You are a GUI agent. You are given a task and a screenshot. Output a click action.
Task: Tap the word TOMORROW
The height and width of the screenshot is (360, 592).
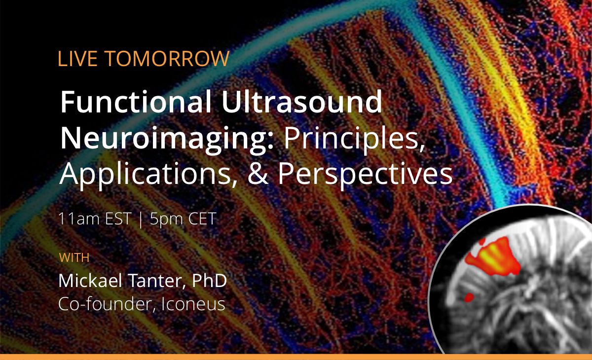coord(167,59)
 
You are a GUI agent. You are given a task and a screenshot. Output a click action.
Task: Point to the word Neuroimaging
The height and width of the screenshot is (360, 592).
coord(166,139)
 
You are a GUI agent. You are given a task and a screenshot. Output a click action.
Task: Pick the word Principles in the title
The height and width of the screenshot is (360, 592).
coord(353,139)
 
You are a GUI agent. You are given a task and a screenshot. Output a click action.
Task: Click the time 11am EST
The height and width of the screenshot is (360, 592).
coord(94,218)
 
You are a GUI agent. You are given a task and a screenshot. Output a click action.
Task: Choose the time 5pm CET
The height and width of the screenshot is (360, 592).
coord(183,218)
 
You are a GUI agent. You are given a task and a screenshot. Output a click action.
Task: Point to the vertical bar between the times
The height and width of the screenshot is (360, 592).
coord(141,219)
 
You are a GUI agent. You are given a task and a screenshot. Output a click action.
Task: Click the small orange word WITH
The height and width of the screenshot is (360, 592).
coord(74,257)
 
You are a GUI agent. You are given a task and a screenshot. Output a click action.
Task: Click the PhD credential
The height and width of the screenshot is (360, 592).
coord(209,281)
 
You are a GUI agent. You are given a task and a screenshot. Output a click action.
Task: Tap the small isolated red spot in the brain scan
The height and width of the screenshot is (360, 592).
coord(469,297)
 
